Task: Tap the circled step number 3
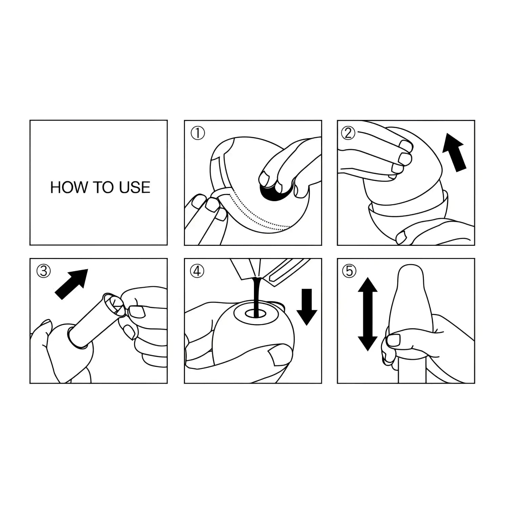[43, 271]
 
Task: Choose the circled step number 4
[197, 271]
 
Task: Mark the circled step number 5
[349, 271]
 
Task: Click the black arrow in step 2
[455, 152]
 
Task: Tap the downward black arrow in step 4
[306, 306]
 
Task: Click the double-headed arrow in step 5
[367, 314]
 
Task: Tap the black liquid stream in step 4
[257, 295]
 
